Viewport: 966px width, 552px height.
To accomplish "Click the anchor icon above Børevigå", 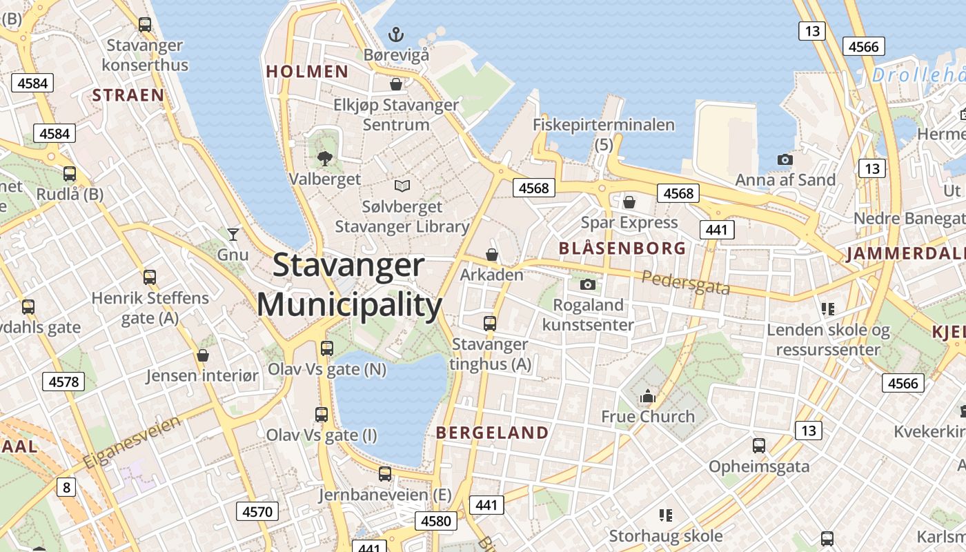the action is click(396, 34).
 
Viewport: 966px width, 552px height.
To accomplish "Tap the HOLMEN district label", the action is click(307, 71).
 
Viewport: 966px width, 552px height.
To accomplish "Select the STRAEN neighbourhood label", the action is click(128, 95).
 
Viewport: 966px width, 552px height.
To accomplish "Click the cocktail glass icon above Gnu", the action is click(233, 235).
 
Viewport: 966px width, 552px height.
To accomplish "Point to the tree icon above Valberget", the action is click(324, 159).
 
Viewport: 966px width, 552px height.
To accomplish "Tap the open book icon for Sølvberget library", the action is click(402, 186).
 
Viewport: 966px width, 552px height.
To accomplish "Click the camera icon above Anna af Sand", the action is click(785, 160).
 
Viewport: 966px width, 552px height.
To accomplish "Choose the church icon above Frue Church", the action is click(647, 396).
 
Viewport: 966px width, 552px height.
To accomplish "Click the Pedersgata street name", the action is click(685, 282).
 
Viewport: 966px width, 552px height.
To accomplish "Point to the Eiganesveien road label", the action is click(132, 442).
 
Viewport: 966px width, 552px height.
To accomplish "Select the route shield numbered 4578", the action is click(63, 382).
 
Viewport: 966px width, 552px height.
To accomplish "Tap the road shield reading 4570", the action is click(258, 511).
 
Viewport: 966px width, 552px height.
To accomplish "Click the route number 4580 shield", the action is click(436, 520).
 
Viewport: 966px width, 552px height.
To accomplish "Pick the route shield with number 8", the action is click(66, 488).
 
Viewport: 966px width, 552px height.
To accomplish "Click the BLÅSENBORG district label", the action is click(622, 248).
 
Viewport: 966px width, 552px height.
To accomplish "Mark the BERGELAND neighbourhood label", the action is click(493, 433).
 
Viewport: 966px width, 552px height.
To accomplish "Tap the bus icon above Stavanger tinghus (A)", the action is click(490, 323).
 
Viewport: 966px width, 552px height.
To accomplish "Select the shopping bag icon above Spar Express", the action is click(629, 202).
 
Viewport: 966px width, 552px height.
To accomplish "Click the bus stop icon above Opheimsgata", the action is click(759, 446).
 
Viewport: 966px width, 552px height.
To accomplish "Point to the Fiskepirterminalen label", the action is click(604, 125).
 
